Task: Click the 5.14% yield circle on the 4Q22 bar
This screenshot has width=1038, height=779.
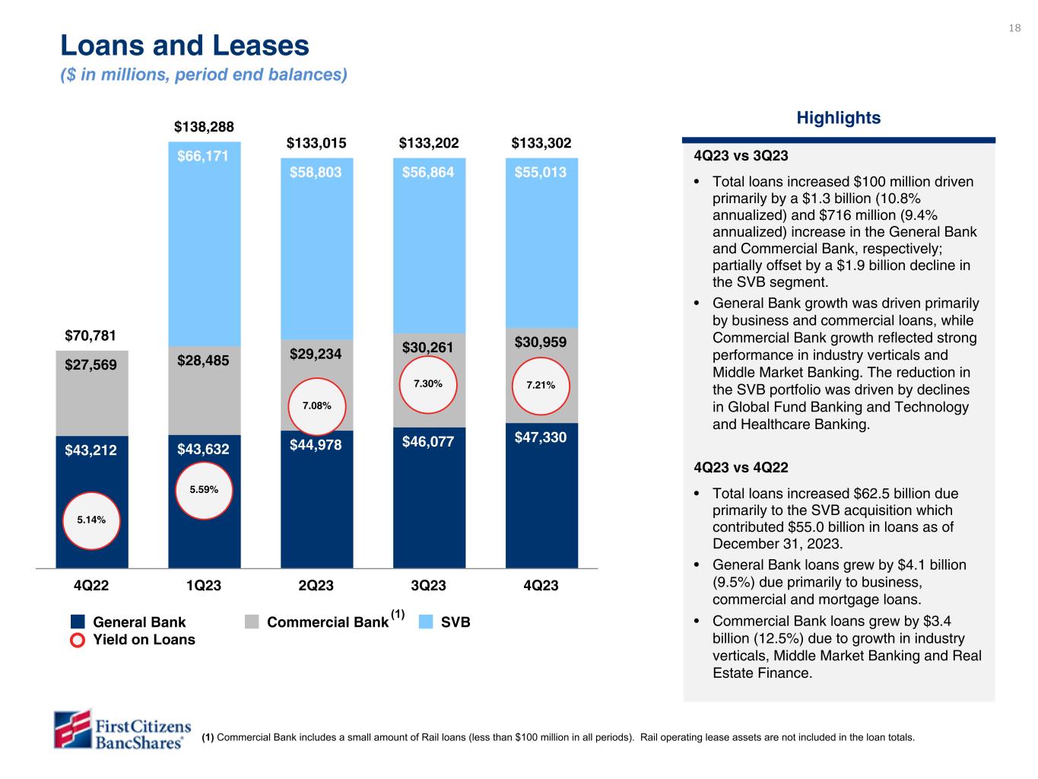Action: pos(91,520)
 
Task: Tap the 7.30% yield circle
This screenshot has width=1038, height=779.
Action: pos(428,385)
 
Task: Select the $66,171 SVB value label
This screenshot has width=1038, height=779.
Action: pos(204,157)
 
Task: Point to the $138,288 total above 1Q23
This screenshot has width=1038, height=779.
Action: pos(204,126)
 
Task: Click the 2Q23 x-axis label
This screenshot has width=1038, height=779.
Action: pos(316,586)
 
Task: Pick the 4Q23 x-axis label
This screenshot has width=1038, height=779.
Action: pos(540,586)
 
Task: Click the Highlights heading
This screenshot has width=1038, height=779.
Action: pos(838,118)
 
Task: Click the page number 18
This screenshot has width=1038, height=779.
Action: pos(1014,29)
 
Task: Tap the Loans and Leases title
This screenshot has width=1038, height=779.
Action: pos(185,46)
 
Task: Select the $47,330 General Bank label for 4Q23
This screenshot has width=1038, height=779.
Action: pos(541,437)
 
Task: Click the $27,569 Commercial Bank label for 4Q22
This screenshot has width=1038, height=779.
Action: pos(91,365)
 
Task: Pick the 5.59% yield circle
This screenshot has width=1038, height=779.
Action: pos(204,490)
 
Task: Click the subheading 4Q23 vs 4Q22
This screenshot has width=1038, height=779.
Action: pos(741,467)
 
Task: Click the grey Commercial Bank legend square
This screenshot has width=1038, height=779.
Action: pos(252,622)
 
